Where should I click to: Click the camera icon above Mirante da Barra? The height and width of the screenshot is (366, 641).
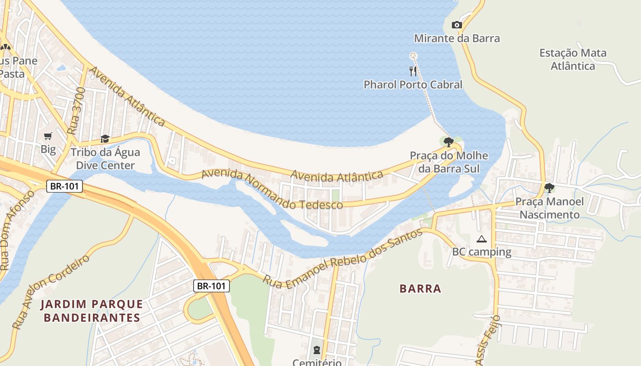(456, 25)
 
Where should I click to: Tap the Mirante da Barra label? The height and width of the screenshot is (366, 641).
(457, 38)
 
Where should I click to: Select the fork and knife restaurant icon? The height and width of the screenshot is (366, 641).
(413, 71)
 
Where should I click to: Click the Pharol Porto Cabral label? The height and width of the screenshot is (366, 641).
(413, 85)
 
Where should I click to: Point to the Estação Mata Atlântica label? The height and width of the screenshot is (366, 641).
(573, 59)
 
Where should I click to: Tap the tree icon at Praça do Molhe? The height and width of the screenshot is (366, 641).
(449, 142)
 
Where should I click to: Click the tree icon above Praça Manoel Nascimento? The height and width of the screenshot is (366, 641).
(549, 188)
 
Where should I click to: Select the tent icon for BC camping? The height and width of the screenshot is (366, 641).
(481, 239)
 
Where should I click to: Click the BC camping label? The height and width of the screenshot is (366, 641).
(482, 252)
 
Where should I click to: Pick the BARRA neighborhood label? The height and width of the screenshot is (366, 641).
(420, 289)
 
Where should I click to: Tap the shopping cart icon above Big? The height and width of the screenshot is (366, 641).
(48, 136)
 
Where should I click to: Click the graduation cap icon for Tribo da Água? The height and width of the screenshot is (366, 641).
(105, 139)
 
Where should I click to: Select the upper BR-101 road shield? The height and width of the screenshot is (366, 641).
(64, 186)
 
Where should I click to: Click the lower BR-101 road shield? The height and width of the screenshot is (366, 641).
(211, 286)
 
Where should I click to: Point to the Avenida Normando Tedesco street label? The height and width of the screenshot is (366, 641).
(272, 189)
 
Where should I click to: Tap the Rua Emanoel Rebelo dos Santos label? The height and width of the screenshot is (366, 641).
(342, 259)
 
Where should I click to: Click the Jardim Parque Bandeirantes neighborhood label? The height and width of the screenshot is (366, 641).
(92, 311)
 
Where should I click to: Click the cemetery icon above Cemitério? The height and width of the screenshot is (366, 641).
(316, 350)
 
